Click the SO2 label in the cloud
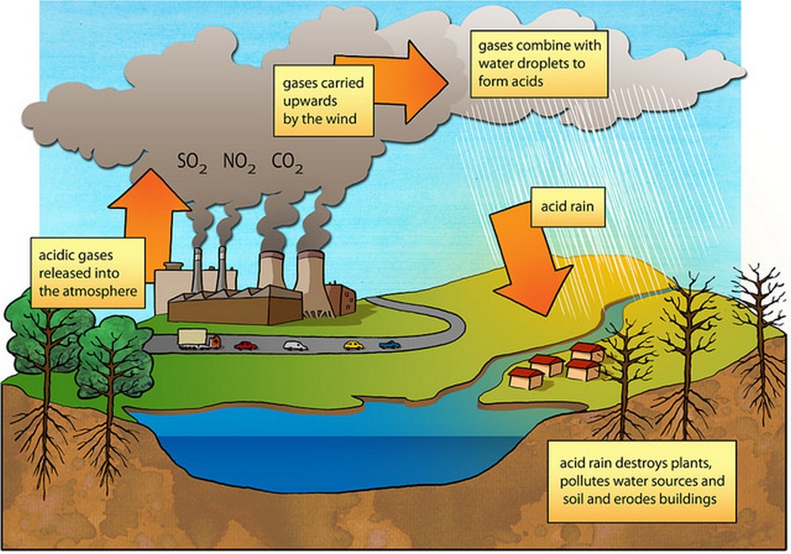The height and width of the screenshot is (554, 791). point(190,165)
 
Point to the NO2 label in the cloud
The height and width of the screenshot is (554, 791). point(238,165)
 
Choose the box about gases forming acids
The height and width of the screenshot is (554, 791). point(539,64)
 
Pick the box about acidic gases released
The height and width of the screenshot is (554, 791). point(87,273)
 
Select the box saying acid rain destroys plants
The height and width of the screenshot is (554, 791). point(642,480)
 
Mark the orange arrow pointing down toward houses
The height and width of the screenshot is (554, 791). point(530,261)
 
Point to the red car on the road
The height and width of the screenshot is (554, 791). point(247,345)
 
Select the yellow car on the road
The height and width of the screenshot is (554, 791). point(354,344)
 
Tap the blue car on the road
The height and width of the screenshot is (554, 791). point(390,344)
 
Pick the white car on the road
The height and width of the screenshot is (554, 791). point(295,345)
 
